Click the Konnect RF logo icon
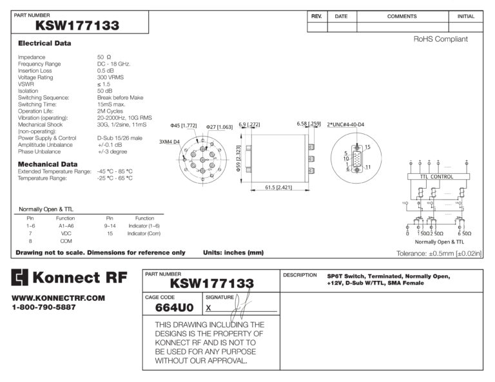click(21, 278)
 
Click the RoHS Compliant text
click(440, 39)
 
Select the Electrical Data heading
click(44, 43)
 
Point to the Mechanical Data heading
click(48, 164)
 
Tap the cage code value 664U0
click(174, 308)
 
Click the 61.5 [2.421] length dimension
click(278, 187)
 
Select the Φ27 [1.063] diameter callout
click(219, 127)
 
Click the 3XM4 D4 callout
click(170, 142)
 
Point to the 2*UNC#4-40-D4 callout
click(345, 124)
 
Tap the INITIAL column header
click(465, 16)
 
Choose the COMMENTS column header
click(402, 16)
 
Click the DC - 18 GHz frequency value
click(113, 64)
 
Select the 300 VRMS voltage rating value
click(111, 77)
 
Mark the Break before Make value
click(120, 97)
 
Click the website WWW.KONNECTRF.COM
click(58, 298)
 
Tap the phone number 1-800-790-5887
click(44, 307)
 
